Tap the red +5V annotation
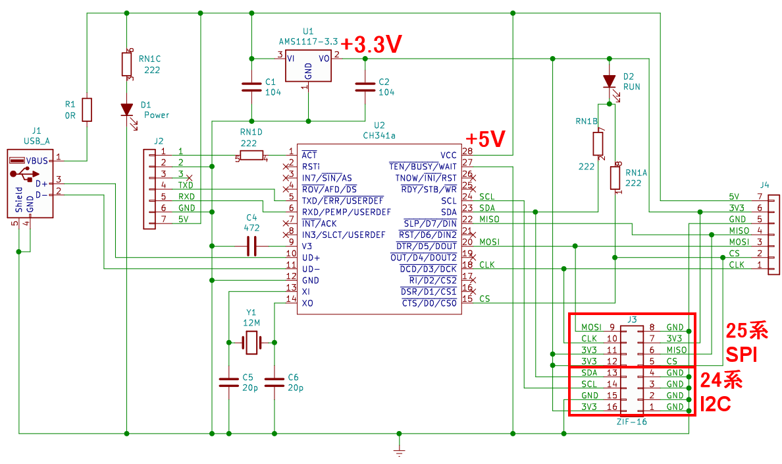pyautogui.click(x=486, y=139)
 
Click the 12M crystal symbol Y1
pyautogui.click(x=251, y=342)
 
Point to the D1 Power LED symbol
pyautogui.click(x=126, y=109)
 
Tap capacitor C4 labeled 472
pyautogui.click(x=251, y=246)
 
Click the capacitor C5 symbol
pyautogui.click(x=228, y=381)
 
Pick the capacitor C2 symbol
pyautogui.click(x=364, y=86)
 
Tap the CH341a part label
pyautogui.click(x=379, y=135)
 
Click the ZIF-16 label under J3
pyautogui.click(x=633, y=421)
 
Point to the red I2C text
pyautogui.click(x=717, y=404)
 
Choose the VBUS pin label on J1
pyautogui.click(x=37, y=160)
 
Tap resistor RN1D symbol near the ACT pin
pyautogui.click(x=251, y=156)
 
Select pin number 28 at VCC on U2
pyautogui.click(x=467, y=152)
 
